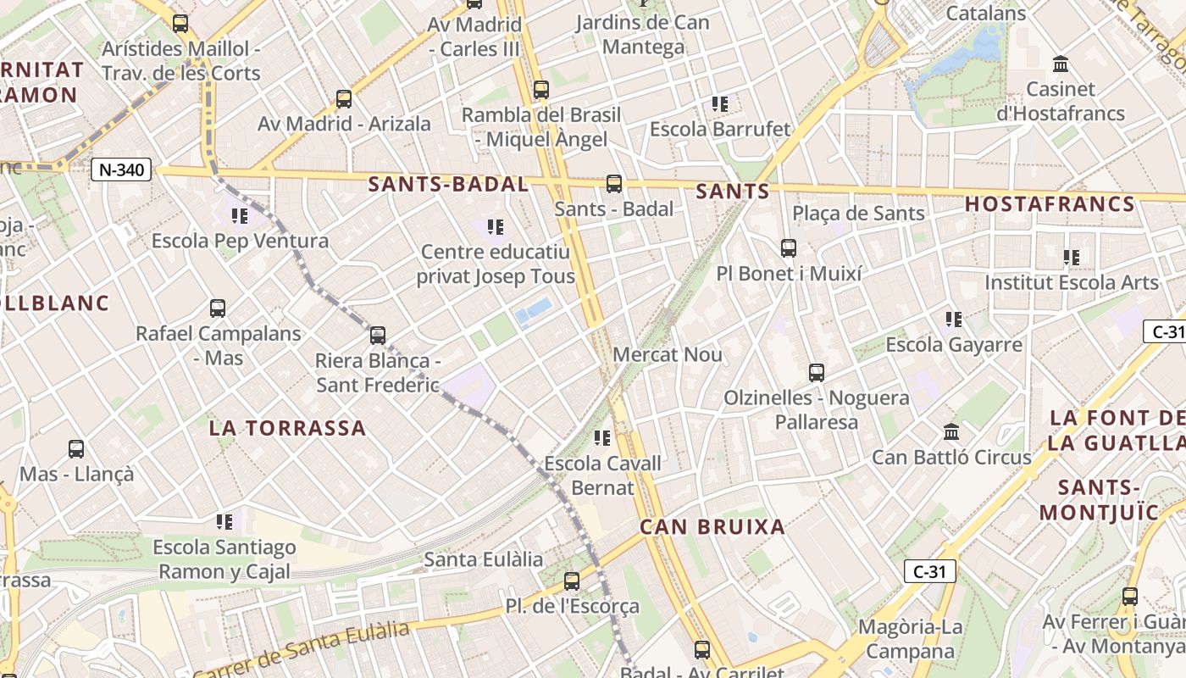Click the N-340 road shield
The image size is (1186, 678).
[121, 169]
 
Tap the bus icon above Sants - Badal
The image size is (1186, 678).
[614, 184]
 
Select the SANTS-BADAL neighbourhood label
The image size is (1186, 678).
[448, 184]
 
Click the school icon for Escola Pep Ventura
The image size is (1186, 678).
[240, 216]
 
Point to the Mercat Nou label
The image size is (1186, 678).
[668, 354]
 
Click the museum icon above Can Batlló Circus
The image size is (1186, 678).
[951, 432]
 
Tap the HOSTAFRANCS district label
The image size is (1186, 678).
[1050, 204]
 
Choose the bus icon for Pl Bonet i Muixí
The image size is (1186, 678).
[789, 248]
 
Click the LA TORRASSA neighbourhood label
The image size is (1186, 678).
[288, 428]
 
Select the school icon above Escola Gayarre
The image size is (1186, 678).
[954, 320]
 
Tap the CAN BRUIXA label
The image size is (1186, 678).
[712, 527]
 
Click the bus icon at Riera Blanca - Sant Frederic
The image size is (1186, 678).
[378, 336]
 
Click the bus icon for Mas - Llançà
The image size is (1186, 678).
[76, 449]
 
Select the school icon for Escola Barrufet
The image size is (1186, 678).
[720, 104]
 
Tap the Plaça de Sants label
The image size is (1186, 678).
[858, 214]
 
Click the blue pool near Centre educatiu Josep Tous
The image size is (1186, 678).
[533, 312]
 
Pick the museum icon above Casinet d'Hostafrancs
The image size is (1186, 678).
[1060, 64]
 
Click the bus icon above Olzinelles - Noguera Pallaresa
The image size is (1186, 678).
[817, 373]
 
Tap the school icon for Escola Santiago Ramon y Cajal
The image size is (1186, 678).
[224, 522]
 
